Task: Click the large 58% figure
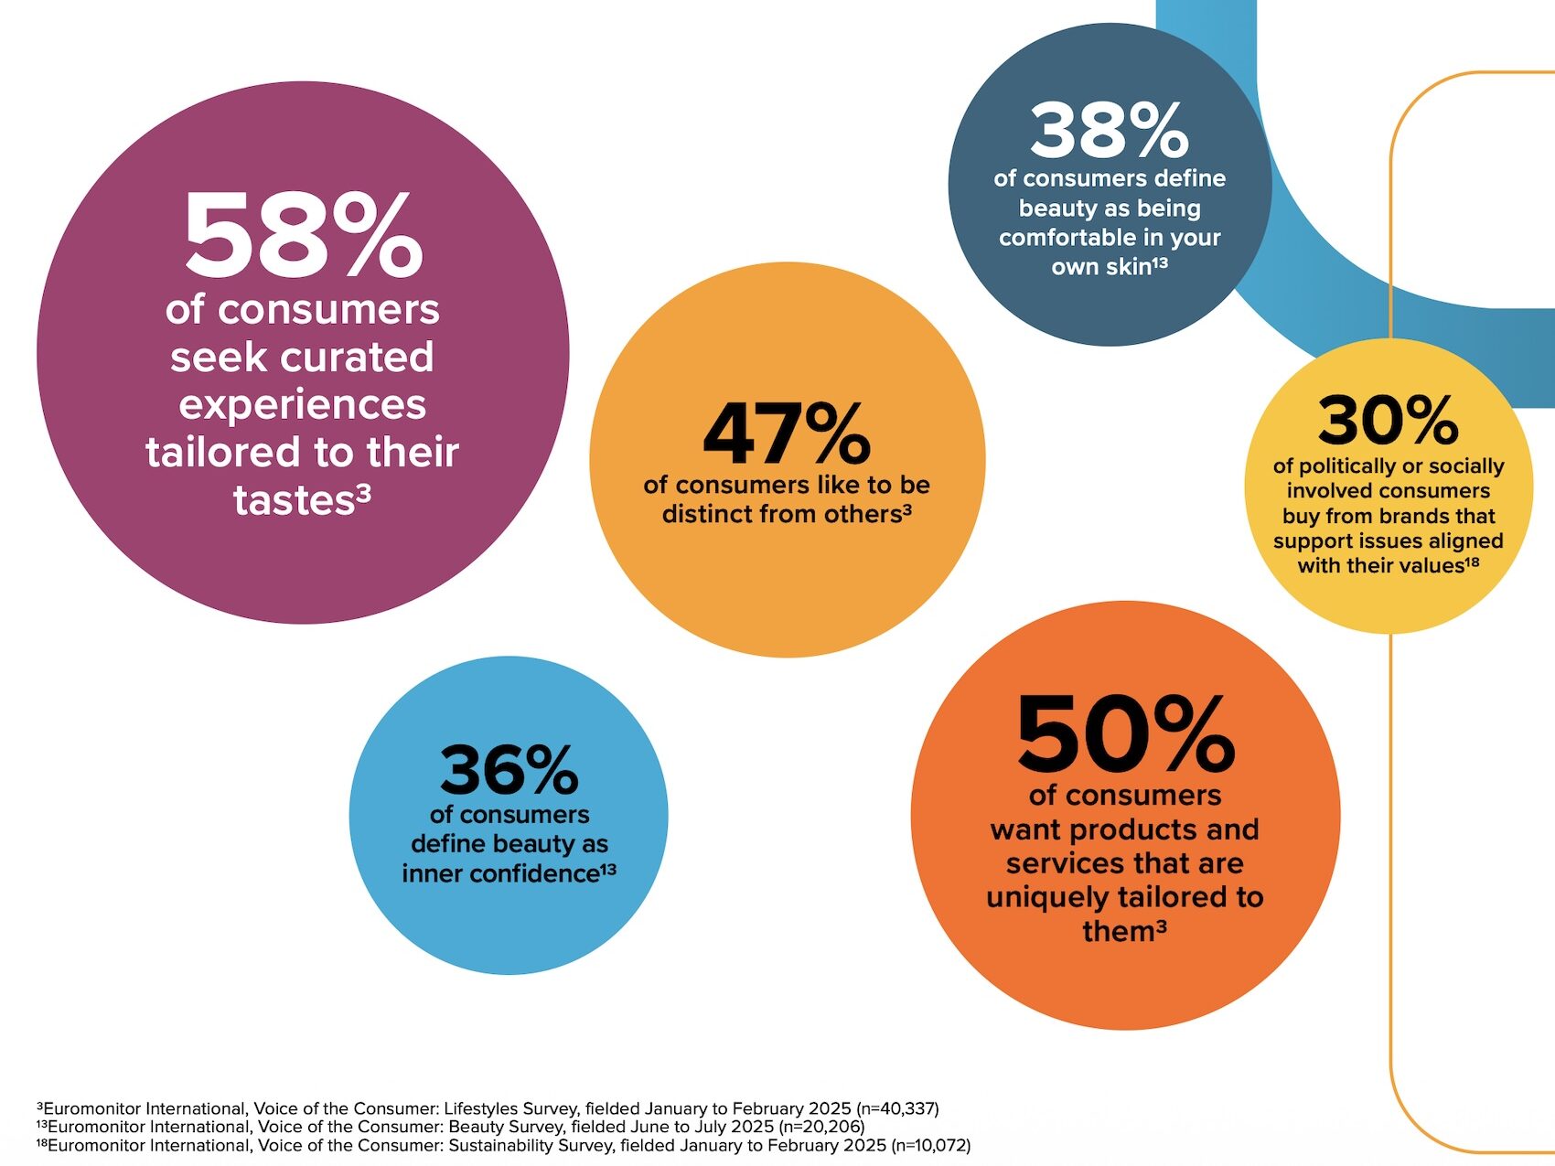click(303, 235)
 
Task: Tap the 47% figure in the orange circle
click(787, 433)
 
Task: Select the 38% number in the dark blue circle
click(1109, 131)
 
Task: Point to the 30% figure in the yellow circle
click(1388, 421)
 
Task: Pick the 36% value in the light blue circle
click(509, 771)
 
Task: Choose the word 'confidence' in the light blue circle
click(542, 873)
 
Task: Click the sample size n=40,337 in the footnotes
click(897, 1108)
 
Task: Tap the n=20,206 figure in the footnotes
click(822, 1127)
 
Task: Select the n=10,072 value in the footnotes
click(929, 1145)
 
